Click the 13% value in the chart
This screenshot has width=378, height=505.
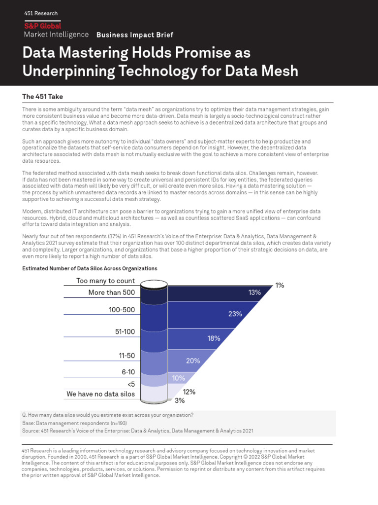click(x=254, y=292)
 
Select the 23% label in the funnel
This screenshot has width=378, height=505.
click(x=235, y=313)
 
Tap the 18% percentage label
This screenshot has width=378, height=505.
click(x=214, y=338)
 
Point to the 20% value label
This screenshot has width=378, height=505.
click(x=192, y=361)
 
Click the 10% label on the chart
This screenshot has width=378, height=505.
click(x=178, y=378)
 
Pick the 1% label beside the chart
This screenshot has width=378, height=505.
click(x=280, y=285)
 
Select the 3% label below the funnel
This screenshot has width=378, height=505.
click(x=180, y=400)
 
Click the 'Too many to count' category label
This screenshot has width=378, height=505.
click(x=105, y=281)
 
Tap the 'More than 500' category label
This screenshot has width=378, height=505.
click(x=111, y=292)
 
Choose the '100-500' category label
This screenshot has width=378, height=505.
click(x=122, y=310)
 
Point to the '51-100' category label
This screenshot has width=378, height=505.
click(x=125, y=332)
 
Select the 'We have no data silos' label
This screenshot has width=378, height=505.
click(x=100, y=394)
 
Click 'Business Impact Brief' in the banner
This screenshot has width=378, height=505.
click(x=134, y=35)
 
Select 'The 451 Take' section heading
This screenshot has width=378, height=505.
click(x=42, y=97)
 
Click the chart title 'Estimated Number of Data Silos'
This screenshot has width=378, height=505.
click(x=90, y=268)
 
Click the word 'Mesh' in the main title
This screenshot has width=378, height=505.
click(x=276, y=71)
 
